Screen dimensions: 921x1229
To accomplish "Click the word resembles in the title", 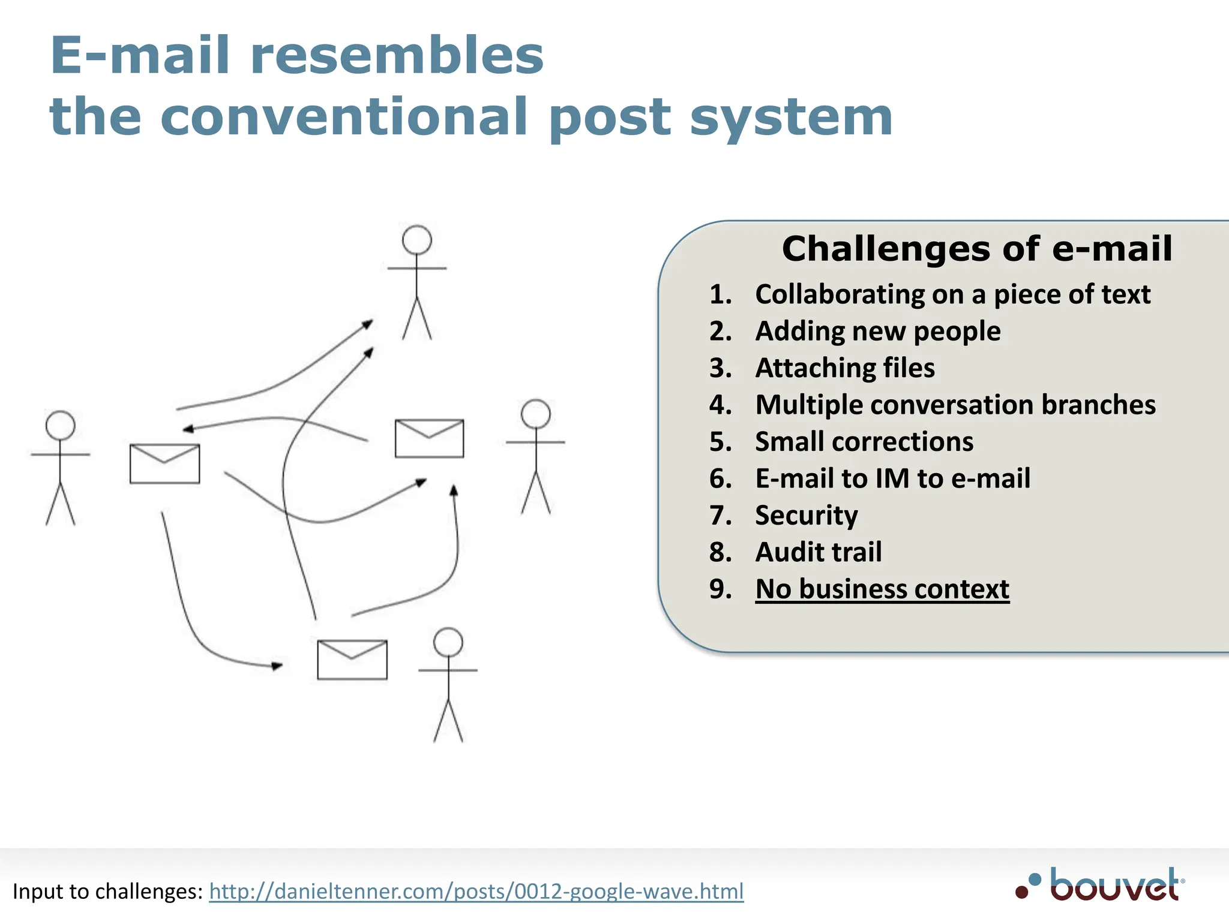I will click(396, 56).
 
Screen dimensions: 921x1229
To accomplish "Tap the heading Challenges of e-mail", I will click(976, 249).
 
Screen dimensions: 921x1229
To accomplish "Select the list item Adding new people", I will click(877, 332).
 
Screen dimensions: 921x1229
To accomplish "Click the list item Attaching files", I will click(844, 368).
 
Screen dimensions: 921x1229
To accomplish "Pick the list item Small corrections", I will click(864, 442).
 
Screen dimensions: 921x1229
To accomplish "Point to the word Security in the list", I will click(806, 516).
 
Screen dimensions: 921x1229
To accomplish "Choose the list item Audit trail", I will click(818, 552).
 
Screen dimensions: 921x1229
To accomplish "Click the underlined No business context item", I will click(882, 589).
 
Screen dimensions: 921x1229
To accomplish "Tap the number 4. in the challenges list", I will click(720, 405).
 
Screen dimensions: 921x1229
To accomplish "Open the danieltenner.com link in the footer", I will click(476, 892).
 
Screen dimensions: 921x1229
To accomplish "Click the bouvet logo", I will click(1101, 884).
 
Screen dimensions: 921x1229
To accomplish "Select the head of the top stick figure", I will click(417, 240).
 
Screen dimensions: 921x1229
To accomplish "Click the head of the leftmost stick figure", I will click(61, 426).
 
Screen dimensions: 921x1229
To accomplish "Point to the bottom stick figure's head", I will click(448, 643).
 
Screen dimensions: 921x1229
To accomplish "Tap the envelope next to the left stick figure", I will click(164, 463).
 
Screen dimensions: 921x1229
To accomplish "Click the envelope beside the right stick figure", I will click(429, 438).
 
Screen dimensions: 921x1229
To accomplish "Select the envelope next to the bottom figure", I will click(352, 660).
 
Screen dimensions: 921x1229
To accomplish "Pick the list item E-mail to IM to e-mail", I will click(892, 478).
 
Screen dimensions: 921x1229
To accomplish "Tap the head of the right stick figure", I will click(536, 414).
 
